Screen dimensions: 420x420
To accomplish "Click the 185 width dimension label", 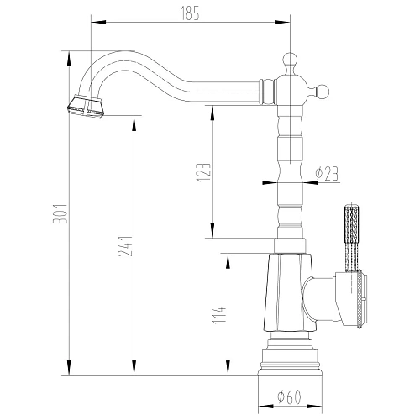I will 189,12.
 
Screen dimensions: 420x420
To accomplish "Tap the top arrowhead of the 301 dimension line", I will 67,53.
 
